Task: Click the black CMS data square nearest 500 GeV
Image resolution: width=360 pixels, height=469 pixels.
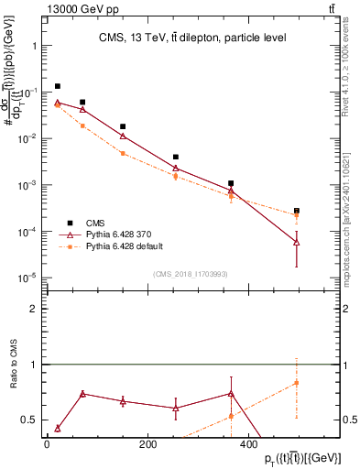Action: pos(296,211)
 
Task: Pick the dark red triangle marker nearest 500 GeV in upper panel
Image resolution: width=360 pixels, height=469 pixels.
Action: pos(296,242)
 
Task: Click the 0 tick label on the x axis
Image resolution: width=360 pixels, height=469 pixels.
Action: pos(47,445)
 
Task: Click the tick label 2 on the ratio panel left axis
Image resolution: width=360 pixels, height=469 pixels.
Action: pos(33,309)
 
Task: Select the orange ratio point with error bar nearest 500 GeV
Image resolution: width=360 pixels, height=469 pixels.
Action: pos(296,383)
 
